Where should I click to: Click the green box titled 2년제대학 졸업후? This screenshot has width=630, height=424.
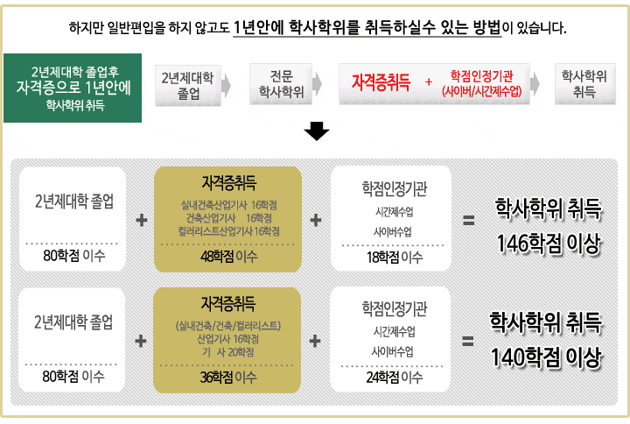pos(73,88)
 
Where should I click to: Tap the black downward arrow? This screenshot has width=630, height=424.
pos(317,131)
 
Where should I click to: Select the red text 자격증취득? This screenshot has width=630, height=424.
pos(381,82)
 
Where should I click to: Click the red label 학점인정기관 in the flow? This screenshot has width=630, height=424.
pos(481,75)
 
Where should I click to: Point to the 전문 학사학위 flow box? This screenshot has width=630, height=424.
pos(281,84)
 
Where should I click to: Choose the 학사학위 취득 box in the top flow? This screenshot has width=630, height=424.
pos(585,84)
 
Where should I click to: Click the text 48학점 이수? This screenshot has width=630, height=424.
pos(228,257)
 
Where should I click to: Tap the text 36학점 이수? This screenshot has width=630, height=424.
pos(227,378)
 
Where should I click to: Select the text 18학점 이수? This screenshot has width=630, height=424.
pos(395,257)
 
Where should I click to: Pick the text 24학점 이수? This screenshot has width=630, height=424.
pos(394,378)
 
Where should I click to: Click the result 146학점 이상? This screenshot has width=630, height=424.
pos(549,244)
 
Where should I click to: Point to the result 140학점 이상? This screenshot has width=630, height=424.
pos(546,357)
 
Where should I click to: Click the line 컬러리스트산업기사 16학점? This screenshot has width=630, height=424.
pos(228,231)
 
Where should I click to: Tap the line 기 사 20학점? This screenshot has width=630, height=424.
pos(227,352)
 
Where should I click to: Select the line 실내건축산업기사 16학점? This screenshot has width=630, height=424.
pos(228,205)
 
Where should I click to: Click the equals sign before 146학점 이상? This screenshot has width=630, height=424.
pos(468,220)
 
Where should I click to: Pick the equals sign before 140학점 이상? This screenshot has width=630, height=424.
pos(467,341)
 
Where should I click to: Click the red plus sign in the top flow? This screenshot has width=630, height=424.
pos(429,81)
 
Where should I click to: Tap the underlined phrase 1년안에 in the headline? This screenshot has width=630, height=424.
pos(258,27)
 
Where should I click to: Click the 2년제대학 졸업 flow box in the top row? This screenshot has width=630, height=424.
pos(188,85)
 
